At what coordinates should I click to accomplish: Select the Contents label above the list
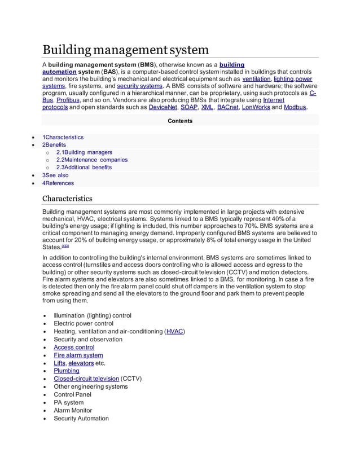[x=180, y=121]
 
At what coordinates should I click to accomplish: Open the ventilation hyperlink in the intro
[x=256, y=79]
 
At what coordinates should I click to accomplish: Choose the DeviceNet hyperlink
[x=160, y=107]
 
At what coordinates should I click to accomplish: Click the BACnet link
[x=227, y=107]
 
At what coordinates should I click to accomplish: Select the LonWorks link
[x=256, y=107]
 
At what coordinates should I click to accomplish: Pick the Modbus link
[x=295, y=107]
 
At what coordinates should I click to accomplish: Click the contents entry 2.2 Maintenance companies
[x=92, y=160]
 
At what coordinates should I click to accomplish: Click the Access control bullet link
[x=74, y=348]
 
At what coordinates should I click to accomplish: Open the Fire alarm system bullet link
[x=78, y=355]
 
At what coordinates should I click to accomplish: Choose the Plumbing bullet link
[x=67, y=371]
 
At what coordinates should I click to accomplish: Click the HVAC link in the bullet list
[x=174, y=332]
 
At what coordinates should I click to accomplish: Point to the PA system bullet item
[x=68, y=402]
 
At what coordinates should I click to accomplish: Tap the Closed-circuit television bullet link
[x=86, y=379]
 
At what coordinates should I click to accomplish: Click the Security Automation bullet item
[x=81, y=418]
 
